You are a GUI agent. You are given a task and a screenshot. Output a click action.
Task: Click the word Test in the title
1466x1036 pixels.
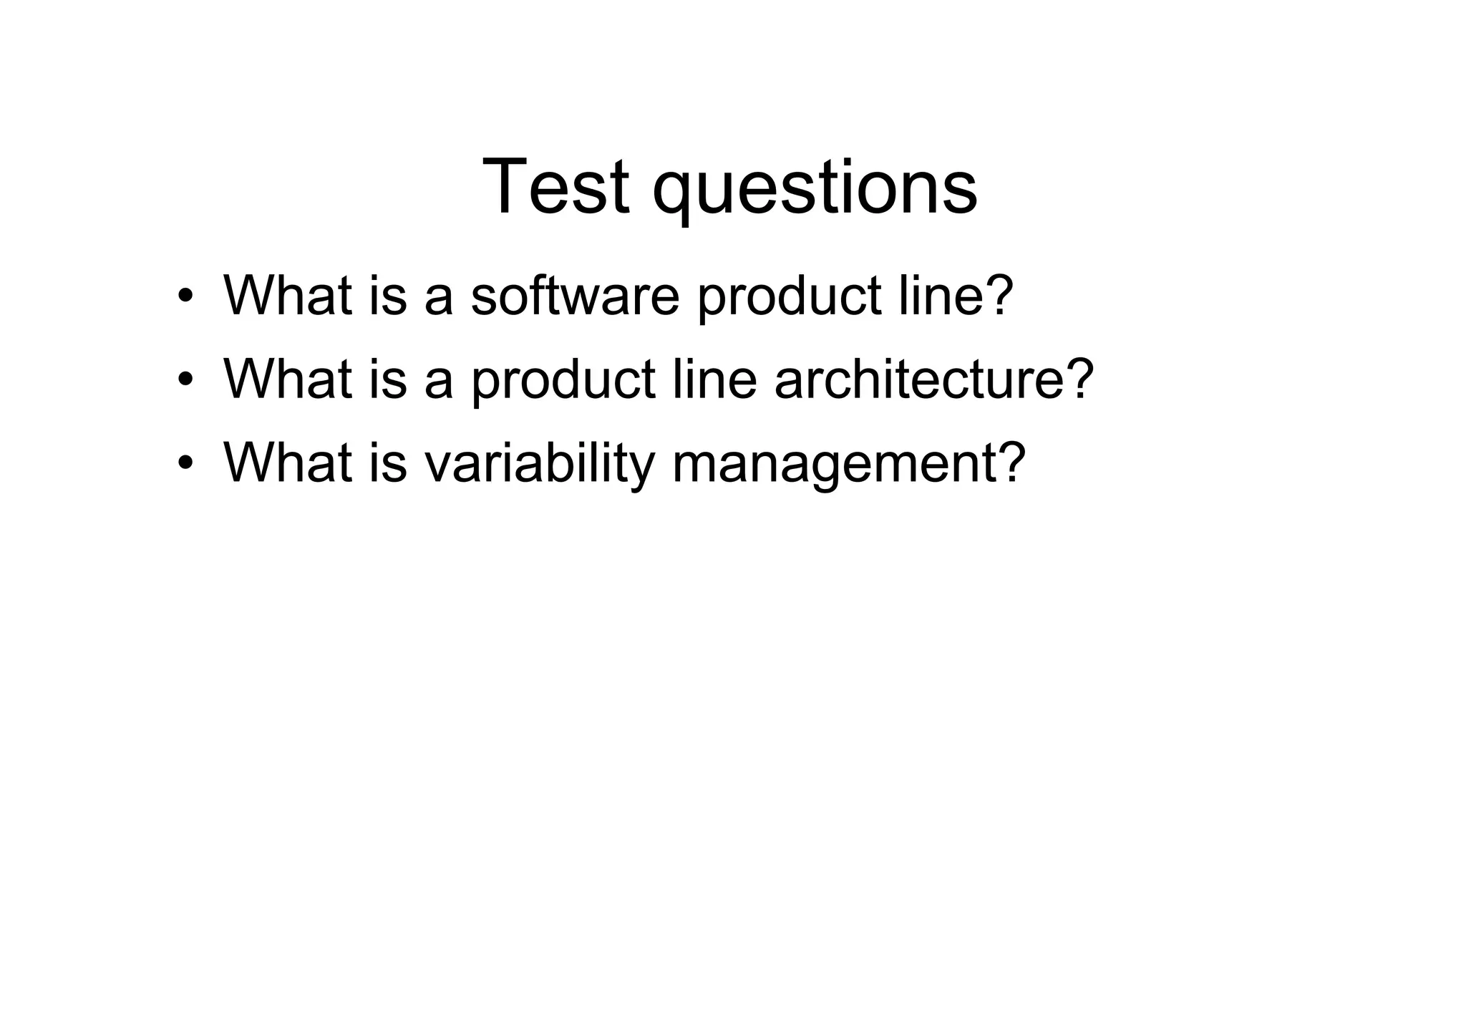(x=556, y=187)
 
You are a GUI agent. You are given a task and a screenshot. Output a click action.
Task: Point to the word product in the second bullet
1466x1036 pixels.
(x=563, y=380)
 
